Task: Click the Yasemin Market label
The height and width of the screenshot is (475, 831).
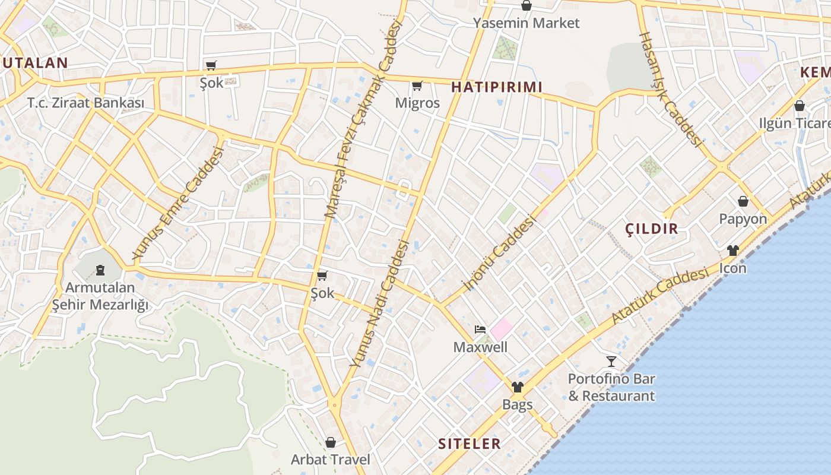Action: click(x=526, y=23)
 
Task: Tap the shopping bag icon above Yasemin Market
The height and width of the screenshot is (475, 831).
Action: click(x=526, y=6)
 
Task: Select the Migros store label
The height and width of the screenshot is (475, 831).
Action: click(x=418, y=103)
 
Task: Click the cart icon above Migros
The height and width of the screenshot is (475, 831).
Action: click(x=417, y=86)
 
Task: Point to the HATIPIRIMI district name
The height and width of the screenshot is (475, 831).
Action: click(x=497, y=87)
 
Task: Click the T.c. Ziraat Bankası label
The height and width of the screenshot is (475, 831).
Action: click(x=85, y=103)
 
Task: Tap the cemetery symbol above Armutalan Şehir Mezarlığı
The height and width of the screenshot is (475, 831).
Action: click(x=100, y=271)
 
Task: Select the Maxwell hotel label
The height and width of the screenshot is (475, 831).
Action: click(x=480, y=347)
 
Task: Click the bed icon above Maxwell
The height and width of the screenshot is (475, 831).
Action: click(x=480, y=330)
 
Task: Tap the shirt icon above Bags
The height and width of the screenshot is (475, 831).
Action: click(x=517, y=388)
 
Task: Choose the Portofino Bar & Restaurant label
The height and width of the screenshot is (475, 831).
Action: click(x=611, y=387)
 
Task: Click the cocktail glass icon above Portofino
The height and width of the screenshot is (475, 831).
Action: click(x=611, y=361)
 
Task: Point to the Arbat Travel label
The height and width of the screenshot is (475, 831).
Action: click(x=330, y=460)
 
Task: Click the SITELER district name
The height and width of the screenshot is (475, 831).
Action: click(x=469, y=444)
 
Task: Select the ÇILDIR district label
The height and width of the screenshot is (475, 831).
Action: click(x=652, y=229)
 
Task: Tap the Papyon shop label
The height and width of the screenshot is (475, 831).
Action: click(x=743, y=219)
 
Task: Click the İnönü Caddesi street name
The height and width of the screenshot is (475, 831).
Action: click(x=499, y=254)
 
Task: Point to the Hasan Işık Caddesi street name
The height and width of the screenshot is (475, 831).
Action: click(x=670, y=89)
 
